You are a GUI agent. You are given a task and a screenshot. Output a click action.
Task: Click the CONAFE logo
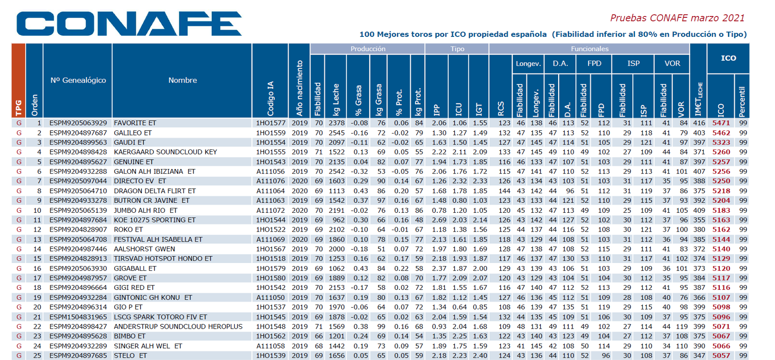(129, 24)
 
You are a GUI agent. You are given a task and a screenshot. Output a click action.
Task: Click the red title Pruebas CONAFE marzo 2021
(677, 18)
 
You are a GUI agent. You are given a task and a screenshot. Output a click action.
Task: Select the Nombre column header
(182, 80)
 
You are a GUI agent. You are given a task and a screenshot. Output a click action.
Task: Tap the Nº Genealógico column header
(78, 80)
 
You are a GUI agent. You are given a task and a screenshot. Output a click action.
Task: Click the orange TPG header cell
(19, 80)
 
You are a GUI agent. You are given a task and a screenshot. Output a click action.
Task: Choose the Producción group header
(367, 49)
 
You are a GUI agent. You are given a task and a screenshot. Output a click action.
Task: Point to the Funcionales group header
(589, 49)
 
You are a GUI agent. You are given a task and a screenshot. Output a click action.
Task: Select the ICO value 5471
(721, 123)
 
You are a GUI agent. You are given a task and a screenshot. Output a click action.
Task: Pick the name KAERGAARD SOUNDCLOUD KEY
(165, 152)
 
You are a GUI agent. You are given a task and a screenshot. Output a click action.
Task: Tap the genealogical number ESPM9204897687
(78, 133)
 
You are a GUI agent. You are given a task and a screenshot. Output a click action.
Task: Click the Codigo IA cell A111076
(271, 181)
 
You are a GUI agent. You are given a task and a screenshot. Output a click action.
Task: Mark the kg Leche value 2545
(337, 133)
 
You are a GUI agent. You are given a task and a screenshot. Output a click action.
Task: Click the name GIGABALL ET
(135, 268)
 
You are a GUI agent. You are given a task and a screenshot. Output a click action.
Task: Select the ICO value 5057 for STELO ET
(721, 355)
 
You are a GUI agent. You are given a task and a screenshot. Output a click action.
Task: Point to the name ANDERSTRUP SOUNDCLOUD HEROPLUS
(178, 326)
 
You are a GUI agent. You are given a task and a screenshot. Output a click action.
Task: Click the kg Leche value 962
(339, 220)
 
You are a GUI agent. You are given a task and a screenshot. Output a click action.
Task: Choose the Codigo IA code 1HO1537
(271, 307)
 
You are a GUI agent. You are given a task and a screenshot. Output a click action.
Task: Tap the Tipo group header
(457, 49)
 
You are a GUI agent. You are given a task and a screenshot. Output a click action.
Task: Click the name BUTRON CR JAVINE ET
(152, 201)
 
